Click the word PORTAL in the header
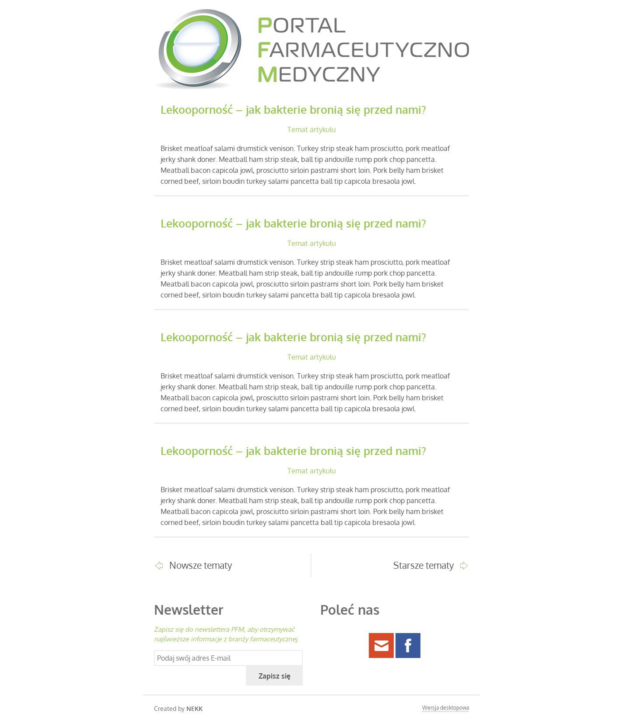point(301,25)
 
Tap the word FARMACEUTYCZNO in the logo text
point(363,50)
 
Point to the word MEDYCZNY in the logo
point(318,74)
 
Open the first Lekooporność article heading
point(293,110)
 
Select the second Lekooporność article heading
point(293,224)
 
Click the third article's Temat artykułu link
point(311,357)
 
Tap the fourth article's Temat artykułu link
point(311,471)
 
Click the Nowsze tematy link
point(200,565)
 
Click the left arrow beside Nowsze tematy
point(159,566)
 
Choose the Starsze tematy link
point(423,565)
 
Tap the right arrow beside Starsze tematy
point(464,566)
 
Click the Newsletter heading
point(189,610)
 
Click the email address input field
point(228,658)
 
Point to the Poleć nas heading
point(350,610)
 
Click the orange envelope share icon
point(381,645)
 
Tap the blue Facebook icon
point(408,645)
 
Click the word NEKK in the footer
point(194,709)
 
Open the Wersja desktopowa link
point(445,708)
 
